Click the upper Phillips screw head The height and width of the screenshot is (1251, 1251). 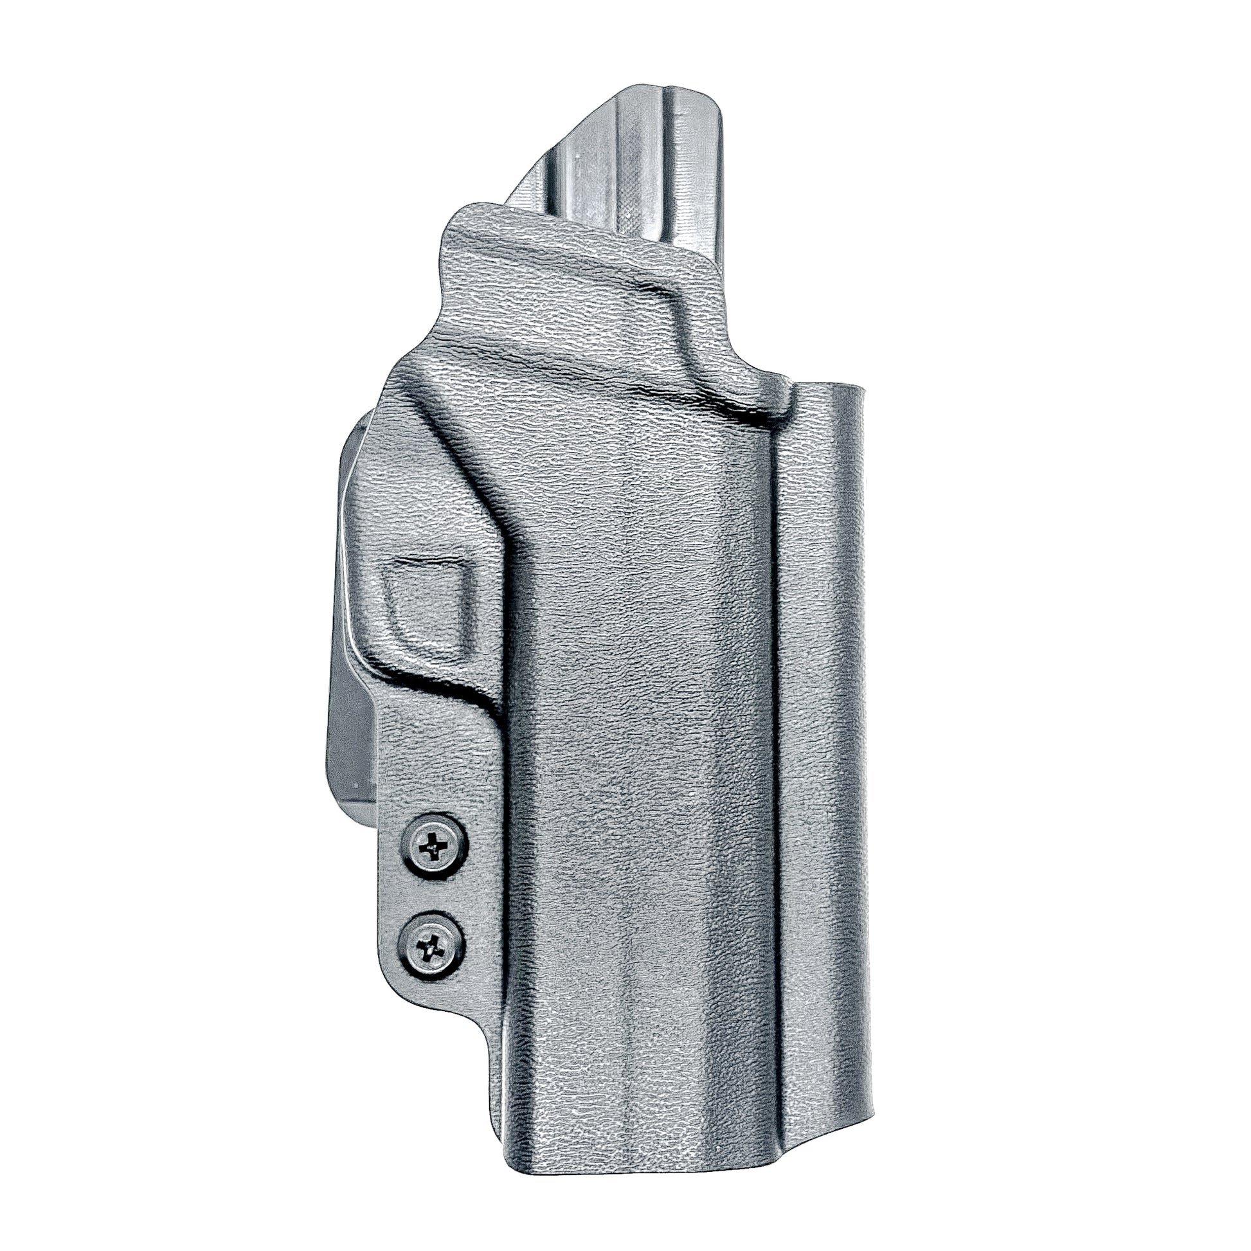coord(433,845)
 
